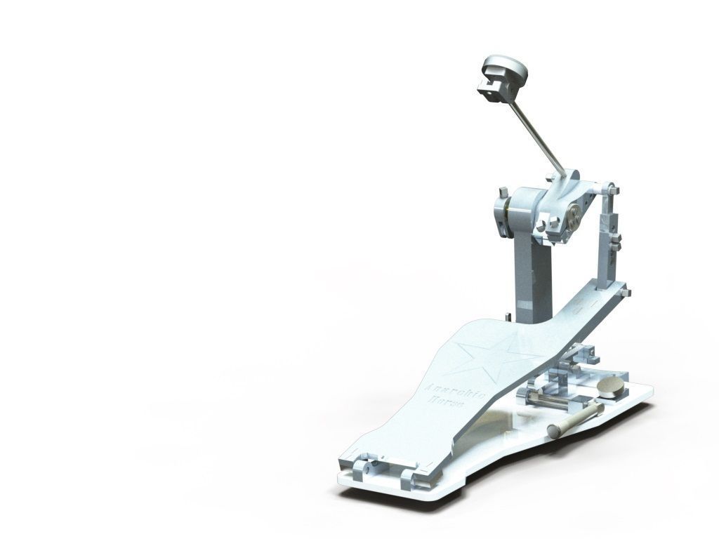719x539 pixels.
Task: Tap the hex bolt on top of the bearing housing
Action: [x=503, y=192]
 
